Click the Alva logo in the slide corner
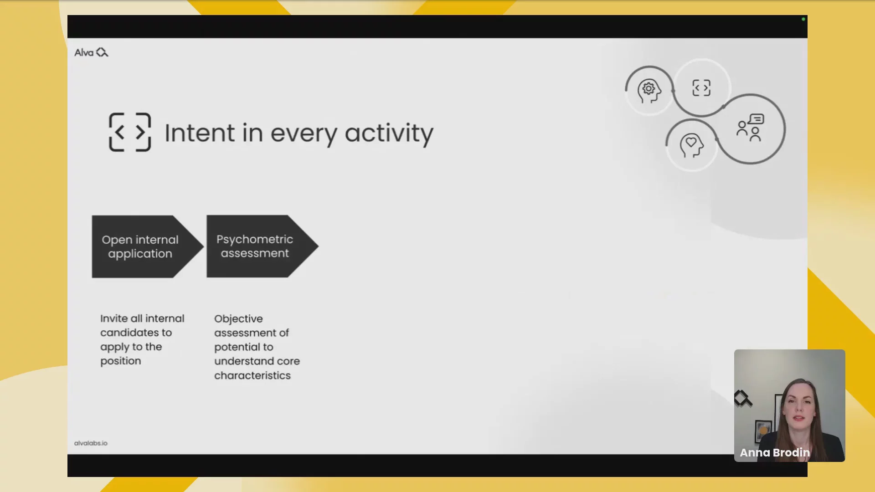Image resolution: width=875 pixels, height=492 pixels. point(91,52)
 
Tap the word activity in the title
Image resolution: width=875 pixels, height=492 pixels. point(389,134)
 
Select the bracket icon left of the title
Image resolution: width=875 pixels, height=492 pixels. point(130,132)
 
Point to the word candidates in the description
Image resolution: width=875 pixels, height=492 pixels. point(136,333)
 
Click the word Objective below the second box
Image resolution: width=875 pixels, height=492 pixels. point(238,319)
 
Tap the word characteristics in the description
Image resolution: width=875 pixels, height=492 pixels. point(252,375)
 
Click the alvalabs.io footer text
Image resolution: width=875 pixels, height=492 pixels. point(91,443)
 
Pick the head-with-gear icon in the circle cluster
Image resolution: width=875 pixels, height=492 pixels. point(649,91)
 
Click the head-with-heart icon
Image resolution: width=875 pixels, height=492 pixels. point(692,145)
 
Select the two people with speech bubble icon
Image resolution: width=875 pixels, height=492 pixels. point(750,128)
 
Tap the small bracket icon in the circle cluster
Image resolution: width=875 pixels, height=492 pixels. point(701,88)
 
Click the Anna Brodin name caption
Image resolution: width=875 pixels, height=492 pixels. point(775,452)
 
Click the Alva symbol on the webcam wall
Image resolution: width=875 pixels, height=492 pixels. point(743,398)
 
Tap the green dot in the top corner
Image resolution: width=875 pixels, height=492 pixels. point(803,19)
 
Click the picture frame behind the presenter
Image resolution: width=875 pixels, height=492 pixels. point(763,430)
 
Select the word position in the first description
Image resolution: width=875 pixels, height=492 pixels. point(121,361)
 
